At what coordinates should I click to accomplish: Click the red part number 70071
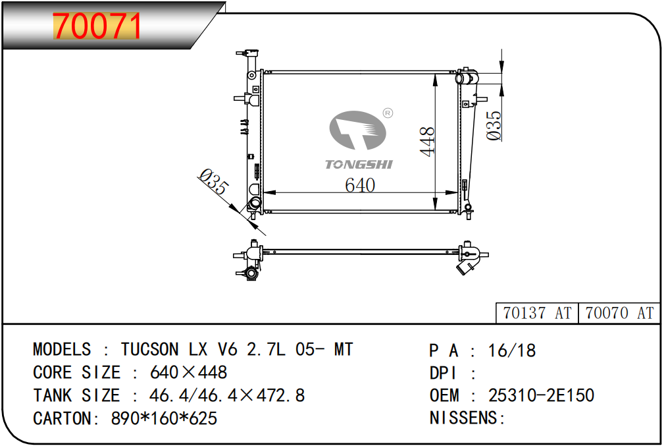click(97, 26)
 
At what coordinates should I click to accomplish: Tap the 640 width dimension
click(360, 185)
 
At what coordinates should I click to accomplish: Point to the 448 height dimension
click(427, 142)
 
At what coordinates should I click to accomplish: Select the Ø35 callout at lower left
click(214, 182)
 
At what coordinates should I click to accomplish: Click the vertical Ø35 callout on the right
click(494, 125)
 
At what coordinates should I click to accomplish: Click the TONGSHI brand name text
click(359, 165)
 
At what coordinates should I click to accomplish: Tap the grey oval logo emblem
click(357, 130)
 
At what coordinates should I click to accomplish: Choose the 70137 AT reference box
click(537, 313)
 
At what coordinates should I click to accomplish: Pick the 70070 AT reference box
click(619, 313)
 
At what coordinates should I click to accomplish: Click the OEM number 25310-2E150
click(541, 395)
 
